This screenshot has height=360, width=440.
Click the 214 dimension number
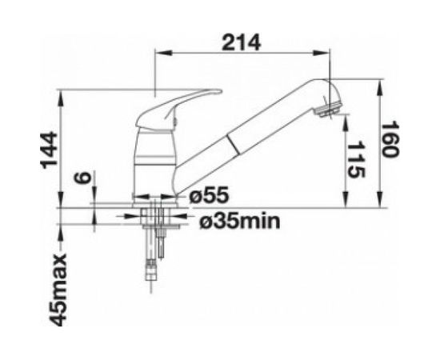tap(242, 43)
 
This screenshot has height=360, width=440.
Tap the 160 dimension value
tap(390, 139)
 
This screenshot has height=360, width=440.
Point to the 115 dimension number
tap(356, 160)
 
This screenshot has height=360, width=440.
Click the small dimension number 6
tap(82, 178)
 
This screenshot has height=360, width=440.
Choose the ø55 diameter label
tap(209, 195)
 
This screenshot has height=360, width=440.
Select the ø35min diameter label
tap(240, 222)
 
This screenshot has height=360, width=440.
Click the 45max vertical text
tap(58, 290)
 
